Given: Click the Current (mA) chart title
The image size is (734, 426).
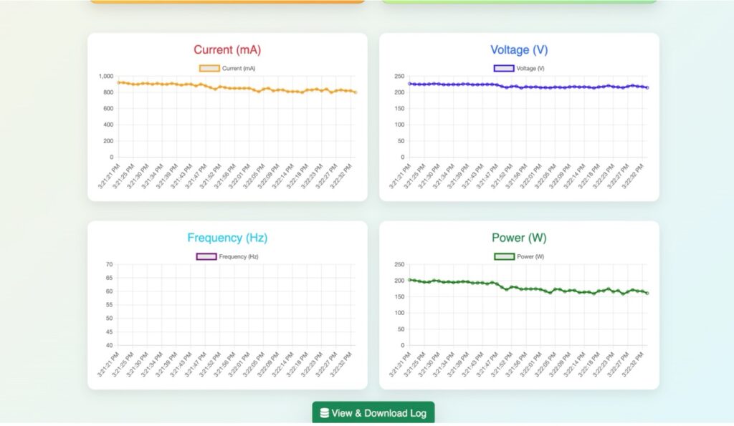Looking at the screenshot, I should coord(227,50).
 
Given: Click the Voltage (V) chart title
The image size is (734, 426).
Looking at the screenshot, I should coord(519,50).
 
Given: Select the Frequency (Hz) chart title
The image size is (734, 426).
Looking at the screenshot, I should coord(227,238).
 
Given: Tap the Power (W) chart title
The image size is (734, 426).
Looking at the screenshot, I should coord(519,238).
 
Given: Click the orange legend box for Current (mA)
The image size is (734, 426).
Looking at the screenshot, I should coord(209,69).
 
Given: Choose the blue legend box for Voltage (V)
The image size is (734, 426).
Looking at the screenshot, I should coord(503,69).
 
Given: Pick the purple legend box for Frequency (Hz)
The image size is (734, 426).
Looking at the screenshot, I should coord(206,256).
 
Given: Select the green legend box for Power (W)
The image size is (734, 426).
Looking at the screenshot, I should coord(504,256).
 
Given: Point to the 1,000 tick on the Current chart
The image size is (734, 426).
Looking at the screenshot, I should coord(105,76).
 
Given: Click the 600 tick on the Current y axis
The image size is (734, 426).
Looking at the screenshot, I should coord(108,108).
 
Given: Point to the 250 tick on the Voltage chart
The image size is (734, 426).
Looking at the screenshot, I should coord(399,76).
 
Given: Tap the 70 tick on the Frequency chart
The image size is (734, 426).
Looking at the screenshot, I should coord(109,264).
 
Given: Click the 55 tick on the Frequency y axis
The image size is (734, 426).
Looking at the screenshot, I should coord(109,305).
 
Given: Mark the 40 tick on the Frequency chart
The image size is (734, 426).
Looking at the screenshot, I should coord(109,345).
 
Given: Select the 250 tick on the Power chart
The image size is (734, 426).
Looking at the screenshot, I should coord(399,264).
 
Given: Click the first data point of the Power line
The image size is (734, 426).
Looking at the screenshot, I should coord(409,279).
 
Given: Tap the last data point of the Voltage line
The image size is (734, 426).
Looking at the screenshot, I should coord(647,87).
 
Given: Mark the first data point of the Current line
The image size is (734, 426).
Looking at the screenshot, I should coord(118,82).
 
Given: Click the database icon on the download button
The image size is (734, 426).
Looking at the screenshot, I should coord(324,413).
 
